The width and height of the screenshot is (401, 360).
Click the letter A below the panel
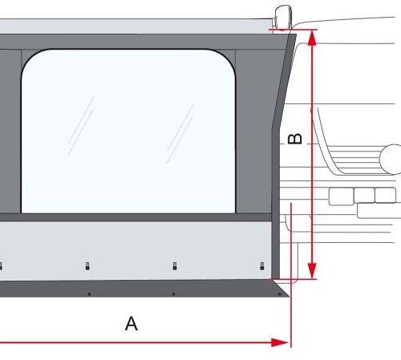[x=132, y=324]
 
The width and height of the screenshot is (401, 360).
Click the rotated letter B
[x=294, y=139]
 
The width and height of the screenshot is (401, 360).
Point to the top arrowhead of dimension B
[x=311, y=36]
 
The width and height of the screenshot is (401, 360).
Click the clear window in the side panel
[x=128, y=132]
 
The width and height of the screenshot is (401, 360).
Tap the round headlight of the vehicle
[x=394, y=159]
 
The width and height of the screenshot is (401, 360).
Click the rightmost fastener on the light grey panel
[x=261, y=265]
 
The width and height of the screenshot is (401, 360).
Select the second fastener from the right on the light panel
[x=174, y=265]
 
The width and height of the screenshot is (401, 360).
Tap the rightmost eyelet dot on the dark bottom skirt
[x=258, y=293]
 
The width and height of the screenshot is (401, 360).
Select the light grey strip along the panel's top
[x=136, y=26]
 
